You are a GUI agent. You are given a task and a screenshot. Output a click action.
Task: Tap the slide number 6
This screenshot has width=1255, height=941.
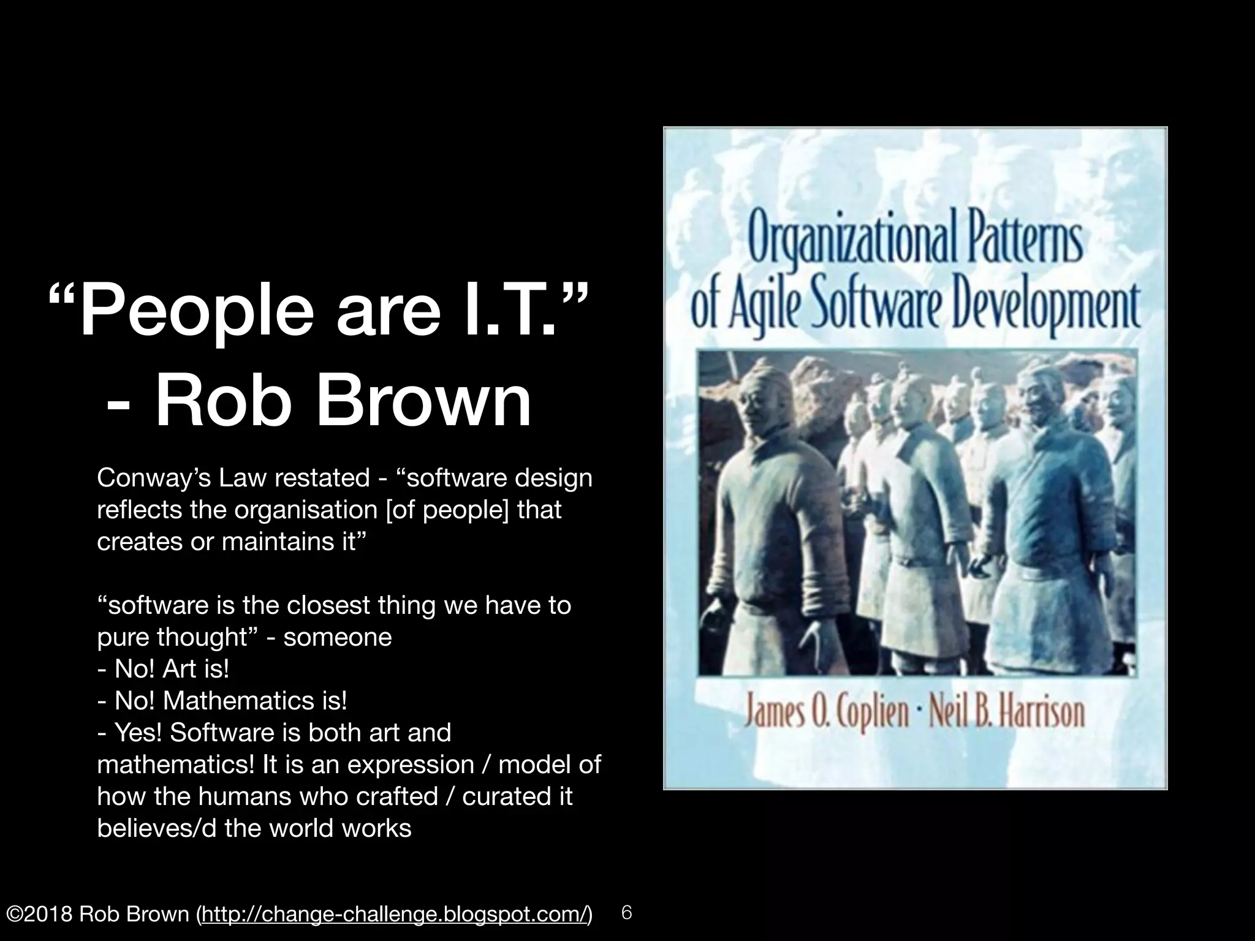point(626,912)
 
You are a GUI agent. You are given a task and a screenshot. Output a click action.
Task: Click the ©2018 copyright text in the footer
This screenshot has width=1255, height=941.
point(38,914)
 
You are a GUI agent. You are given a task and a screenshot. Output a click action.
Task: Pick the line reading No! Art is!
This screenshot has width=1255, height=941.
point(164,669)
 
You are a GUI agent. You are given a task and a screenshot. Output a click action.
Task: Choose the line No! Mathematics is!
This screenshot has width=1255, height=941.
point(222,701)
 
